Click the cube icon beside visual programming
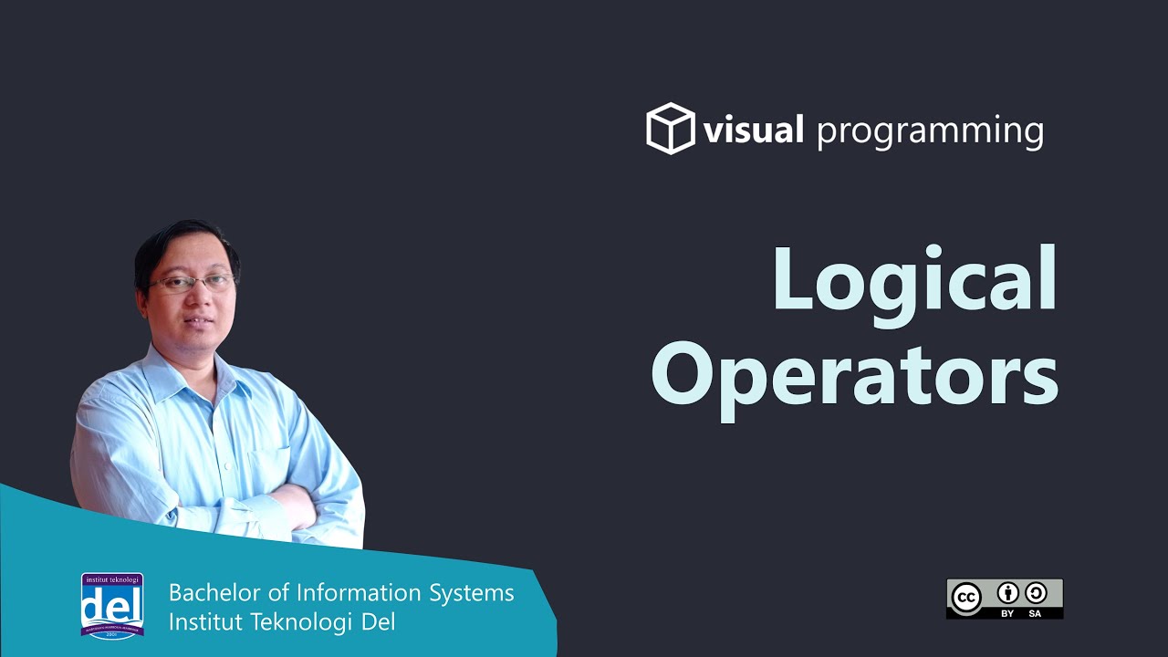[x=671, y=129]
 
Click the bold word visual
[x=753, y=130]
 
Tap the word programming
[x=930, y=132]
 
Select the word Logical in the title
[x=914, y=279]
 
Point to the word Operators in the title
[x=855, y=375]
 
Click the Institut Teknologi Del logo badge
[x=112, y=605]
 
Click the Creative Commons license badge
[x=1004, y=599]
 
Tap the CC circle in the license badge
[x=966, y=598]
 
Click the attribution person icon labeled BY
[x=1007, y=594]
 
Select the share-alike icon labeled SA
[x=1035, y=594]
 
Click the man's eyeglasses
[x=192, y=284]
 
